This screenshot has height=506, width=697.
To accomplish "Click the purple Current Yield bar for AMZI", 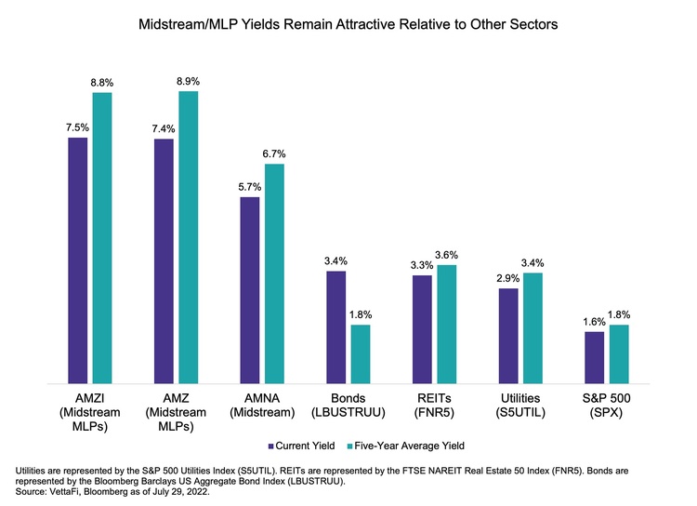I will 78,260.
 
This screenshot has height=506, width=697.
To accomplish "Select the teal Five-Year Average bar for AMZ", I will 189,237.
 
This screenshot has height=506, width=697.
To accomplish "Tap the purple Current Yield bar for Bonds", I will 335,326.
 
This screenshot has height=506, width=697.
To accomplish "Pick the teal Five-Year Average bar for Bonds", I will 361,353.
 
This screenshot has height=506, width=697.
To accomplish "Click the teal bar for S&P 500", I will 619,353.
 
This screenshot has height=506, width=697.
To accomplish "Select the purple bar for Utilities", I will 507,336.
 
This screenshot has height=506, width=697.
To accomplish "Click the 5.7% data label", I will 250,187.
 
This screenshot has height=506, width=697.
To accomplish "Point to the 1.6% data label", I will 594,322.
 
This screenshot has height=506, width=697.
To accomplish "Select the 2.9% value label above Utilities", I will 507,279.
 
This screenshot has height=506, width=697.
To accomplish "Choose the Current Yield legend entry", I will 301,446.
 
